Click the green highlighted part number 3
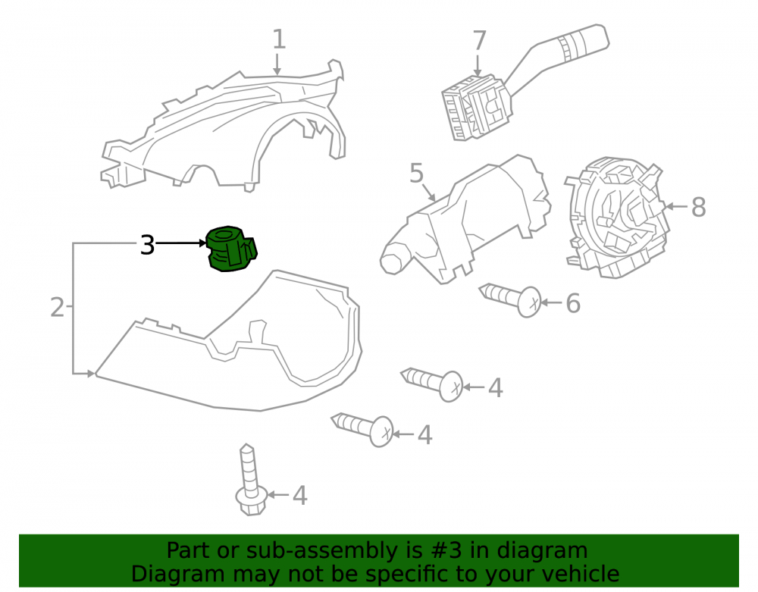(x=231, y=249)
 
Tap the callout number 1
(x=279, y=39)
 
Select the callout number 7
(x=478, y=41)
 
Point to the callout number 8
(x=698, y=207)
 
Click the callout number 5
(x=416, y=173)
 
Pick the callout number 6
(x=573, y=303)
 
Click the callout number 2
(x=57, y=307)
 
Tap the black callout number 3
(x=147, y=245)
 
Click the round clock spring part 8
(x=617, y=217)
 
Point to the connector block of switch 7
(x=475, y=108)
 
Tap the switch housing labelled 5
(x=465, y=220)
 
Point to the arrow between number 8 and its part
(x=676, y=207)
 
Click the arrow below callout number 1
(x=277, y=64)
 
